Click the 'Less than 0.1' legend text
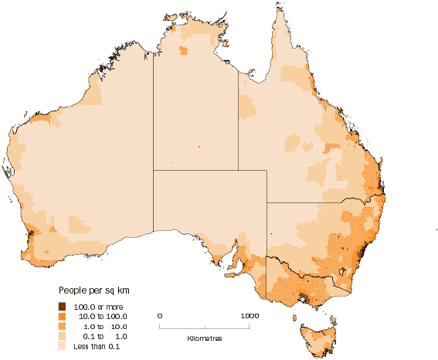click(97, 347)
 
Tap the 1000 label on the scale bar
click(249, 315)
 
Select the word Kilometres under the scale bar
click(205, 338)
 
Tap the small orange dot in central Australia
click(199, 146)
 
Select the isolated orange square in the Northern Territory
click(183, 51)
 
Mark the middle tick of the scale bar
click(205, 325)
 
